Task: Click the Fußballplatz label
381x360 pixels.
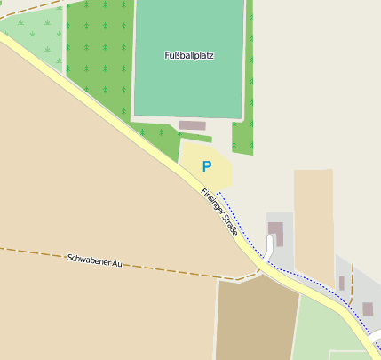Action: click(x=189, y=55)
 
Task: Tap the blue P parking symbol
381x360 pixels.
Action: click(x=207, y=165)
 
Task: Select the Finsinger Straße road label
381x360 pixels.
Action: click(x=219, y=211)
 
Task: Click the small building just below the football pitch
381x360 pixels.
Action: click(x=192, y=125)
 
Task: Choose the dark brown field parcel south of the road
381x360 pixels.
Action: click(x=256, y=319)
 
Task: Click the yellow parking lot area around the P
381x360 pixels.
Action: click(x=194, y=156)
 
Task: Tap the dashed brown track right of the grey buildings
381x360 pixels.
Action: click(x=353, y=284)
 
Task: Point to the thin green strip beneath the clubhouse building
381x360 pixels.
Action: click(x=196, y=136)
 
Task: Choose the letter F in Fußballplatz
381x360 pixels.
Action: click(x=167, y=55)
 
